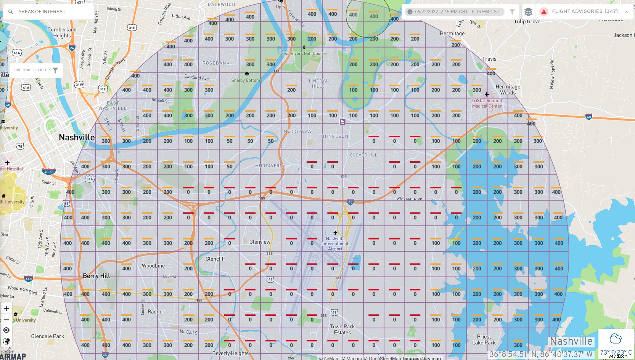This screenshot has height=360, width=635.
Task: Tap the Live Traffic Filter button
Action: pos(36,70)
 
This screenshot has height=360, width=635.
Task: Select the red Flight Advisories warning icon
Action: pos(544,12)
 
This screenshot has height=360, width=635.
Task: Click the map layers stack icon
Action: pos(528,12)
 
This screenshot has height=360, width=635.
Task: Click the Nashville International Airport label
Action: pos(335,244)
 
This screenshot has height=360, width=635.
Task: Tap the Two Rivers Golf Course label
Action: pos(304,54)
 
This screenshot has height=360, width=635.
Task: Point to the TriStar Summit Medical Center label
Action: pos(487,103)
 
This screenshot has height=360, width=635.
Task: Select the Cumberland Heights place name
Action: pos(62,32)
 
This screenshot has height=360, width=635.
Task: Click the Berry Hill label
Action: pos(96,276)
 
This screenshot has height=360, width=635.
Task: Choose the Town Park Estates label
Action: pos(342,329)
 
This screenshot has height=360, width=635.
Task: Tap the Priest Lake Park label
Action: pos(484,339)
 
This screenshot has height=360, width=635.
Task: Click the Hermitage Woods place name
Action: pos(508,90)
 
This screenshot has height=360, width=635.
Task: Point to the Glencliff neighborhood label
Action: pos(215,259)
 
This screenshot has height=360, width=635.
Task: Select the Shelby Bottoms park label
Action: pos(247,80)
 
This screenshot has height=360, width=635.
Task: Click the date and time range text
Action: pos(457,12)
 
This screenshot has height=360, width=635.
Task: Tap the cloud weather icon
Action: pos(616,339)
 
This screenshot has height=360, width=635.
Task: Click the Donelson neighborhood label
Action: pos(335,136)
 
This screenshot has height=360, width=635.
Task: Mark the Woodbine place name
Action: pos(153,266)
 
